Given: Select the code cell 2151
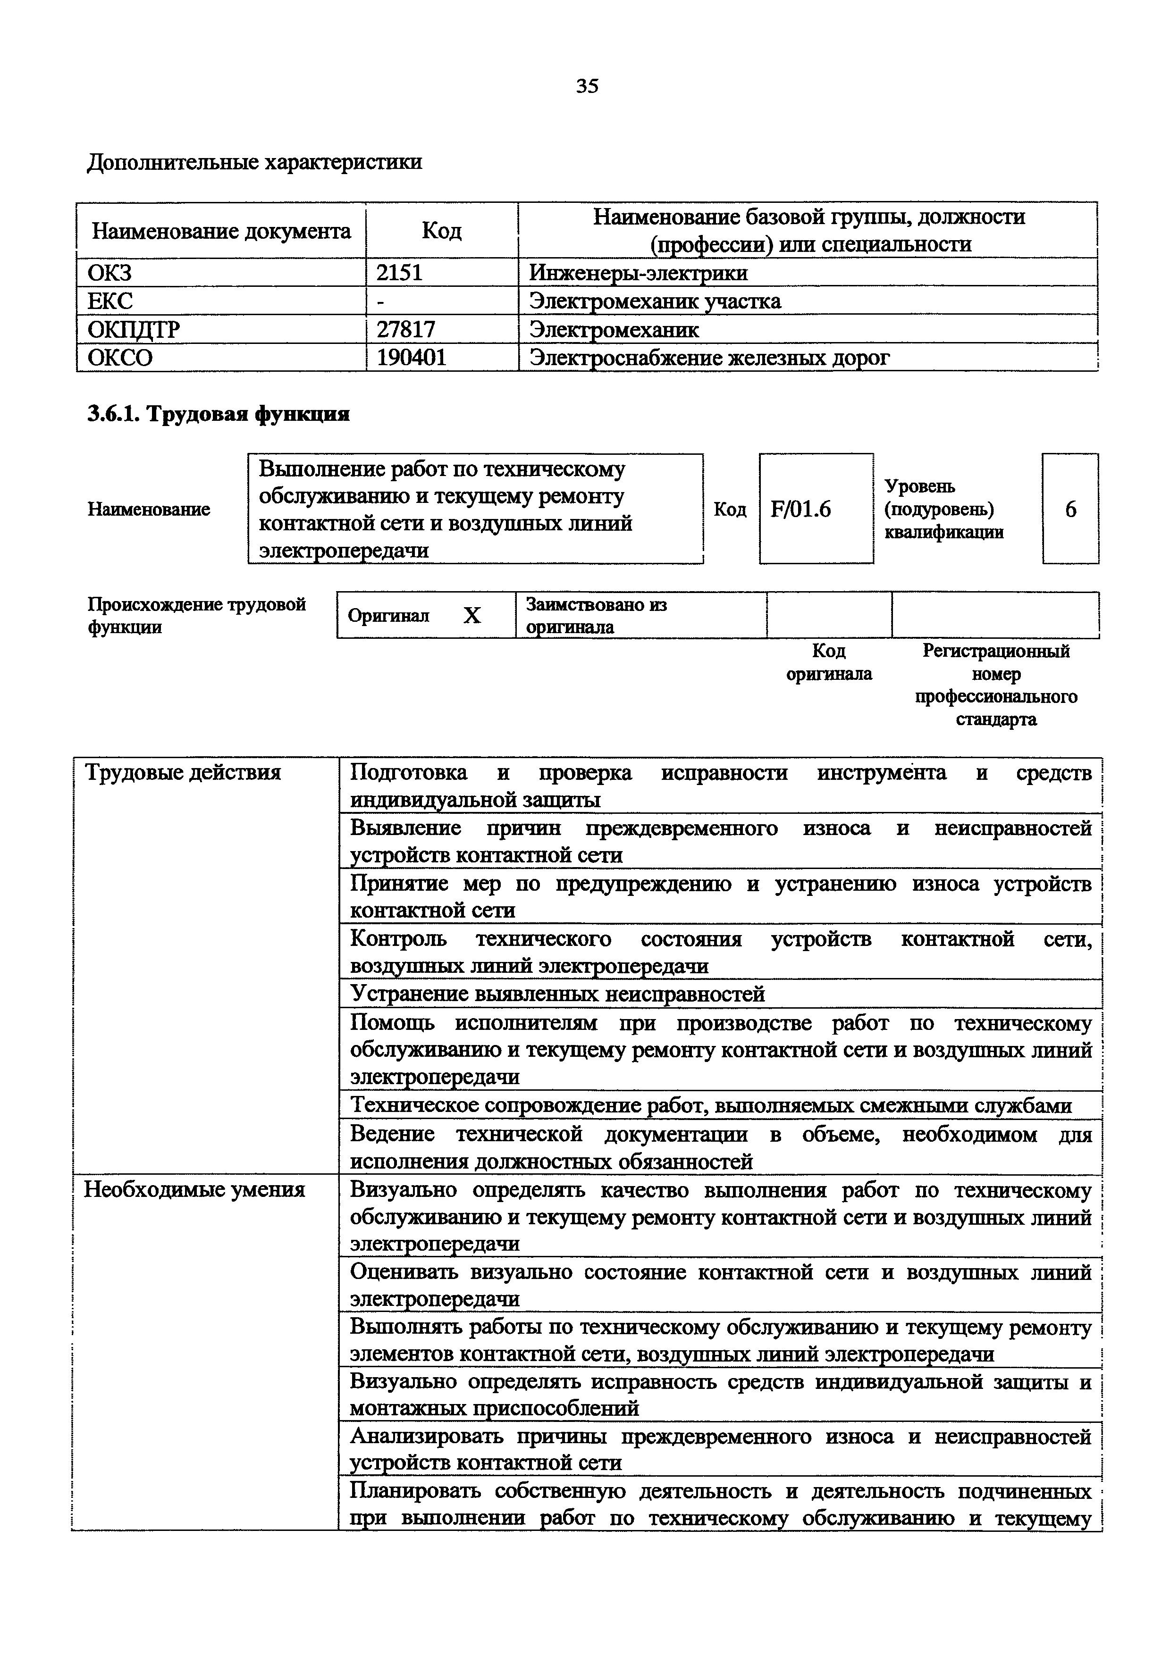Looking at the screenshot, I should (399, 273).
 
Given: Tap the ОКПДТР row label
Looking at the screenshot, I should (134, 329).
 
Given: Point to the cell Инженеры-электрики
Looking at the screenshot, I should (638, 273).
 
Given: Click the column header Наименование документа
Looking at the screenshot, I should (221, 231).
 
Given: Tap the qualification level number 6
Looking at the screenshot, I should (1070, 510).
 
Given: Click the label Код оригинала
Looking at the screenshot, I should (829, 662).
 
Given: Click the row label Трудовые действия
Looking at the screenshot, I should (183, 773).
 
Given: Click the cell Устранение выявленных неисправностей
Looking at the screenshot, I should (557, 995).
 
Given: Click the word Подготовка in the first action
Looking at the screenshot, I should (408, 773).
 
